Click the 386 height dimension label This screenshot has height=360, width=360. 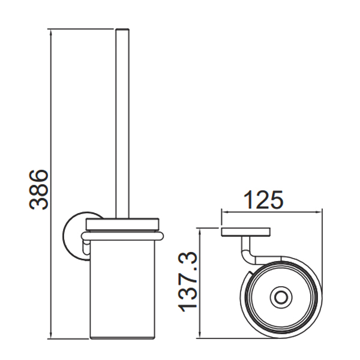pyautogui.click(x=39, y=190)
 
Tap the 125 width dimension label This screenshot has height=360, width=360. pyautogui.click(x=263, y=200)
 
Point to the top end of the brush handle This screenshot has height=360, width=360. pyautogui.click(x=122, y=29)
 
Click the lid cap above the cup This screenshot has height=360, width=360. pyautogui.click(x=122, y=224)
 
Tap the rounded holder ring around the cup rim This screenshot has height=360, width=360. pyautogui.click(x=122, y=236)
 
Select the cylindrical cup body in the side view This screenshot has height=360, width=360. pyautogui.click(x=122, y=289)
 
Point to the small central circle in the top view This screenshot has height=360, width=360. pyautogui.click(x=281, y=298)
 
